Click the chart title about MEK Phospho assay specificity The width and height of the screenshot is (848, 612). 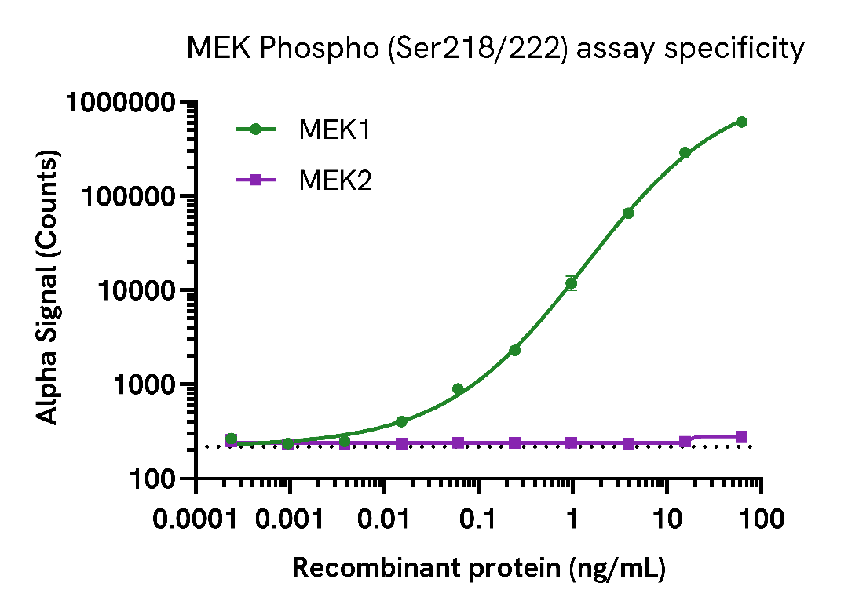coord(495,49)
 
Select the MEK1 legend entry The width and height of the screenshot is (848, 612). coord(334,129)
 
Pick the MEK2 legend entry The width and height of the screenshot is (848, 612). coord(334,180)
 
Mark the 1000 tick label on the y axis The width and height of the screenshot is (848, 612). coord(144,385)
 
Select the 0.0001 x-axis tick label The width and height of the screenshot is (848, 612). coord(196,519)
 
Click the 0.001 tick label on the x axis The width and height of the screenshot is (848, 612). coord(291,519)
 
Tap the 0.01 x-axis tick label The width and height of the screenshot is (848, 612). coord(385,519)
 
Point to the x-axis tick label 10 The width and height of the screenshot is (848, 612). coord(667,519)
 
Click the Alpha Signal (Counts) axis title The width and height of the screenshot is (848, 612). coord(49,290)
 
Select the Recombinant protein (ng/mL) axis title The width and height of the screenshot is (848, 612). coord(479,568)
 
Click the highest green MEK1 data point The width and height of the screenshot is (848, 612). coord(741,122)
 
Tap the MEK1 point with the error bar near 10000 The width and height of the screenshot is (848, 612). coord(572,283)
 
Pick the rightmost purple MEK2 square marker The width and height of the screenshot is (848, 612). coord(741,436)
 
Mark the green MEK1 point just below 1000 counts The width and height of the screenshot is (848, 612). coord(458,389)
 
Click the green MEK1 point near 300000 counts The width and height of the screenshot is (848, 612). coord(685,153)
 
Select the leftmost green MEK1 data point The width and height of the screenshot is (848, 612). coord(231,439)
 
